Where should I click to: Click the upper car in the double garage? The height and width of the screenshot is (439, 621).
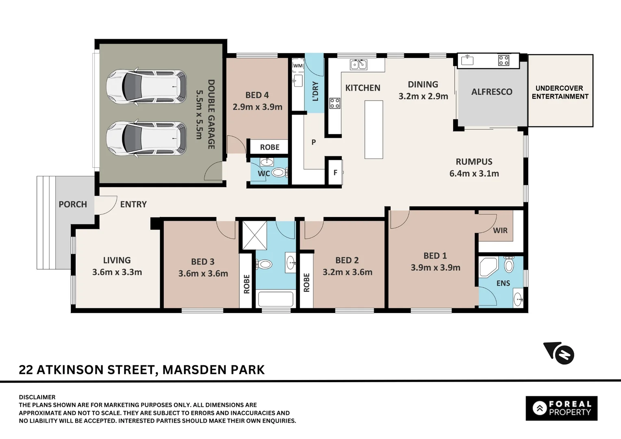tap(146, 87)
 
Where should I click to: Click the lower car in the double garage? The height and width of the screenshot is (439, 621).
tap(146, 138)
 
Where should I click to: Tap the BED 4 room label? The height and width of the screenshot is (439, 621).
tap(257, 95)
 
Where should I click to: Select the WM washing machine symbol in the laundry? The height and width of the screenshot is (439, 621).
tap(298, 65)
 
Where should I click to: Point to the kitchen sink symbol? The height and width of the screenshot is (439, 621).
tap(358, 64)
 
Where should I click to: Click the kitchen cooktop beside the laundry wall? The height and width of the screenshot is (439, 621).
tap(334, 103)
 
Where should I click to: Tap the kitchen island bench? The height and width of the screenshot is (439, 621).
tap(373, 129)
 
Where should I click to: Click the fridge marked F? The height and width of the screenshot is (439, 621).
tap(335, 172)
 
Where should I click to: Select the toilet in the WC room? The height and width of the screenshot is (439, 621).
tap(279, 173)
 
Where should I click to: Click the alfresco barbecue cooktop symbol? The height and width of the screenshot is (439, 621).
tap(504, 61)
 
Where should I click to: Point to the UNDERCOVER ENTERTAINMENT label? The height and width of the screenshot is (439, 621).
tap(560, 92)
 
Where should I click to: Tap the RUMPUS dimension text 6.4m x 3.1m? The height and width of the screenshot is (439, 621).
tap(474, 174)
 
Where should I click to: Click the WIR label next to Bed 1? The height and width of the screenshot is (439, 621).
tap(500, 230)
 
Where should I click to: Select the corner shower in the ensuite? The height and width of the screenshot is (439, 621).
tap(488, 267)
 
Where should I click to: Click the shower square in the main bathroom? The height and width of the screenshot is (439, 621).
tap(254, 235)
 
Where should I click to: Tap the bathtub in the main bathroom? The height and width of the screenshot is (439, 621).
tap(276, 300)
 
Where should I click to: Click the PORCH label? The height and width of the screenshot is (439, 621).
tap(73, 204)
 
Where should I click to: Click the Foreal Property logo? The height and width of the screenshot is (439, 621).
tap(561, 408)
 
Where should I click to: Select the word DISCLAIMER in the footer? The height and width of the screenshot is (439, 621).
tap(37, 397)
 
